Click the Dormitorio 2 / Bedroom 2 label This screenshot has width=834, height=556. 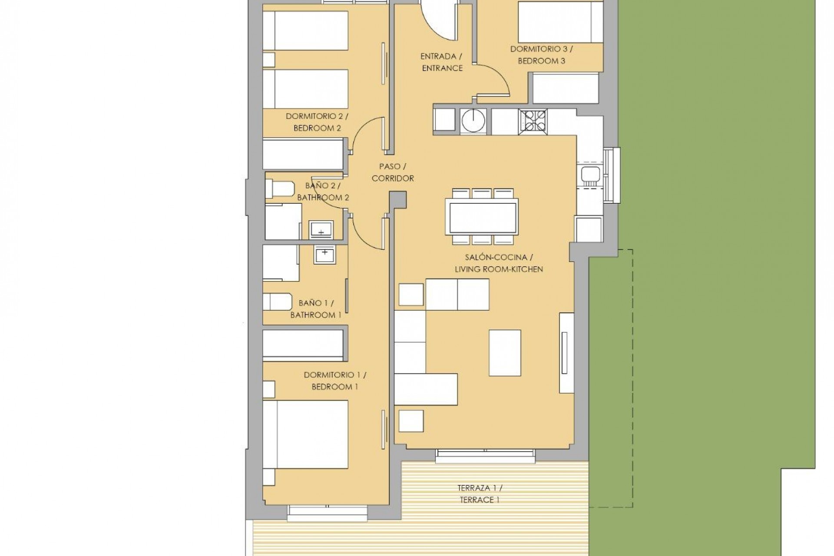317,122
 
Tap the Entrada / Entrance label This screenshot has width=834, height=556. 442,62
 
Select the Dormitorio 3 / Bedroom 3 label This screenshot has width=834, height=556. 541,55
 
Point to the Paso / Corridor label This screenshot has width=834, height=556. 393,172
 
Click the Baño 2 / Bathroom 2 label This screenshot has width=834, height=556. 323,192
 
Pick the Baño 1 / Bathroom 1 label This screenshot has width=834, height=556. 316,309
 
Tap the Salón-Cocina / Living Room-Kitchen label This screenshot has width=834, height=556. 499,263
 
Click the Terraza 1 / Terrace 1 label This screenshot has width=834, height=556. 480,494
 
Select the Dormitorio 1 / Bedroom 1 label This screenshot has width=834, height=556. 334,381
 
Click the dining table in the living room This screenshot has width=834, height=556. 482,217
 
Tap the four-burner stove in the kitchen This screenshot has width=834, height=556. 533,121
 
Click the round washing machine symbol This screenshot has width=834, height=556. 473,120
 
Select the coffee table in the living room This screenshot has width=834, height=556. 505,353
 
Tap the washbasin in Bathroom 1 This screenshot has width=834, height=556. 324,255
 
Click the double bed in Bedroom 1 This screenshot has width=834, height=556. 305,434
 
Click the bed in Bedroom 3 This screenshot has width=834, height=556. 560,22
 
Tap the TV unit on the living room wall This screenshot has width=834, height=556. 566,353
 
